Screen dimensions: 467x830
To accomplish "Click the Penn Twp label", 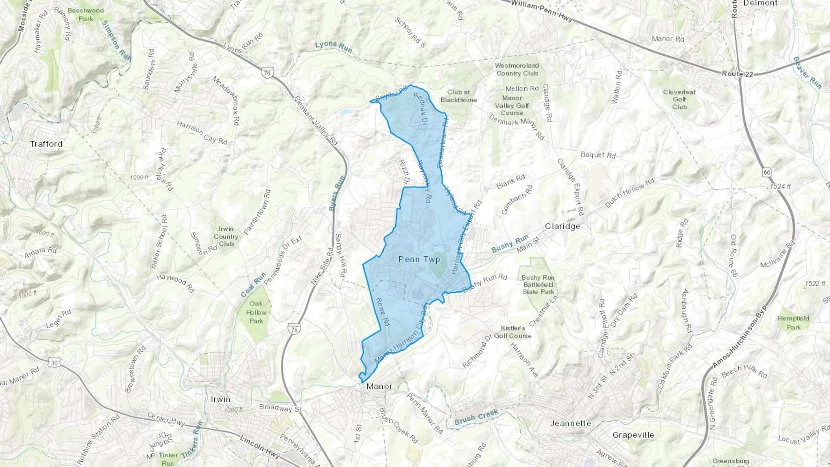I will [419, 260].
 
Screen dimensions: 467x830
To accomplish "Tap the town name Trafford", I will [46, 144].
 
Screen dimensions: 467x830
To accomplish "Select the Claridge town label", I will [562, 226].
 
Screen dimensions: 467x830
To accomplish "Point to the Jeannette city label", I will [571, 423].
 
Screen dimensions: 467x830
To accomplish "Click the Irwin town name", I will [220, 399].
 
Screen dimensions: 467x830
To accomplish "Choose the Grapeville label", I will [633, 435].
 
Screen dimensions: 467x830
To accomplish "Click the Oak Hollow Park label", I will [256, 312].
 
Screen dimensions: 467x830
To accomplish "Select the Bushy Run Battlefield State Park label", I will [538, 285].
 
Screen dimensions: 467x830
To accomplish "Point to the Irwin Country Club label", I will [226, 236].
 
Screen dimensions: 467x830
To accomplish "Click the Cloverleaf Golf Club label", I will [679, 99].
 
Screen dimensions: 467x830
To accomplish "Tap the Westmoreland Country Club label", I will [517, 70].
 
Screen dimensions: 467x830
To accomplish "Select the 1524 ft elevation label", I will [780, 187].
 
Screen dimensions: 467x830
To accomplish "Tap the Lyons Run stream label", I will [333, 46].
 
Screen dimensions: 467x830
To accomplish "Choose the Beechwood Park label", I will [86, 14].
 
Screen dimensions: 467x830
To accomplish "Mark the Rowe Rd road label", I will [382, 312].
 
